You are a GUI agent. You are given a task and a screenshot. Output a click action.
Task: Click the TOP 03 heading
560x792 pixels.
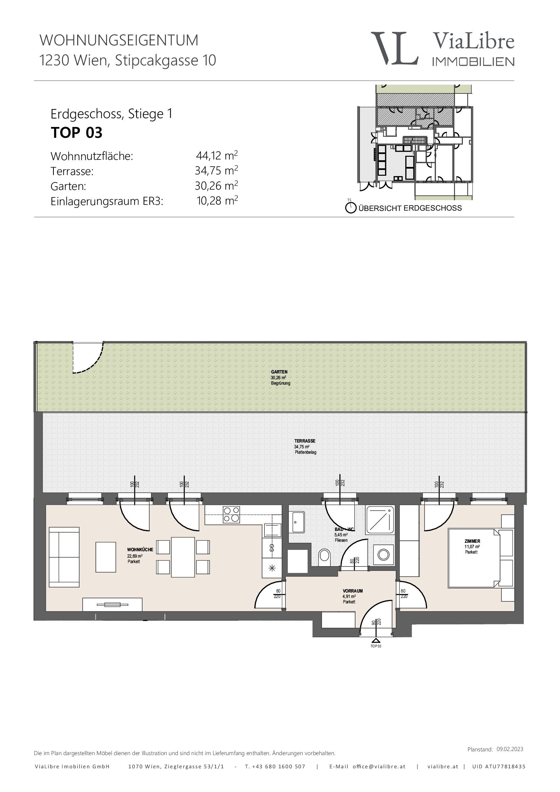77,133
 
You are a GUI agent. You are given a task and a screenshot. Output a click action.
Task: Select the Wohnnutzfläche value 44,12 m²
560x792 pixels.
217,155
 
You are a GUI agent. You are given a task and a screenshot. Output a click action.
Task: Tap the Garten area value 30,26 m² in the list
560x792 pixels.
216,186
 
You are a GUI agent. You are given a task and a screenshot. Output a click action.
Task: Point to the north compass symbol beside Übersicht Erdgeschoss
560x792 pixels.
351,208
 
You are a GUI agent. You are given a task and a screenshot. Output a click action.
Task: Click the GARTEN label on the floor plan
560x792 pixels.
279,372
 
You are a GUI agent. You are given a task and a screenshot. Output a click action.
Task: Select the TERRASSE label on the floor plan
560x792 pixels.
305,441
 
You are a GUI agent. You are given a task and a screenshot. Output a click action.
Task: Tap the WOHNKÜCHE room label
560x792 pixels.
140,550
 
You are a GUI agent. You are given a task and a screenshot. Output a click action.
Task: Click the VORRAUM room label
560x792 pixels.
352,591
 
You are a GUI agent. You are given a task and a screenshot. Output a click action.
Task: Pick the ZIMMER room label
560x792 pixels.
472,541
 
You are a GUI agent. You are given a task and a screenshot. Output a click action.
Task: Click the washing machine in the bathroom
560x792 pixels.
383,555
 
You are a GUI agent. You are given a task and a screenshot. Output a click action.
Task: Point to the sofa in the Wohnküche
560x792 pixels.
64,557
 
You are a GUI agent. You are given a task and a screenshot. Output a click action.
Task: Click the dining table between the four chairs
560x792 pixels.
183,557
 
